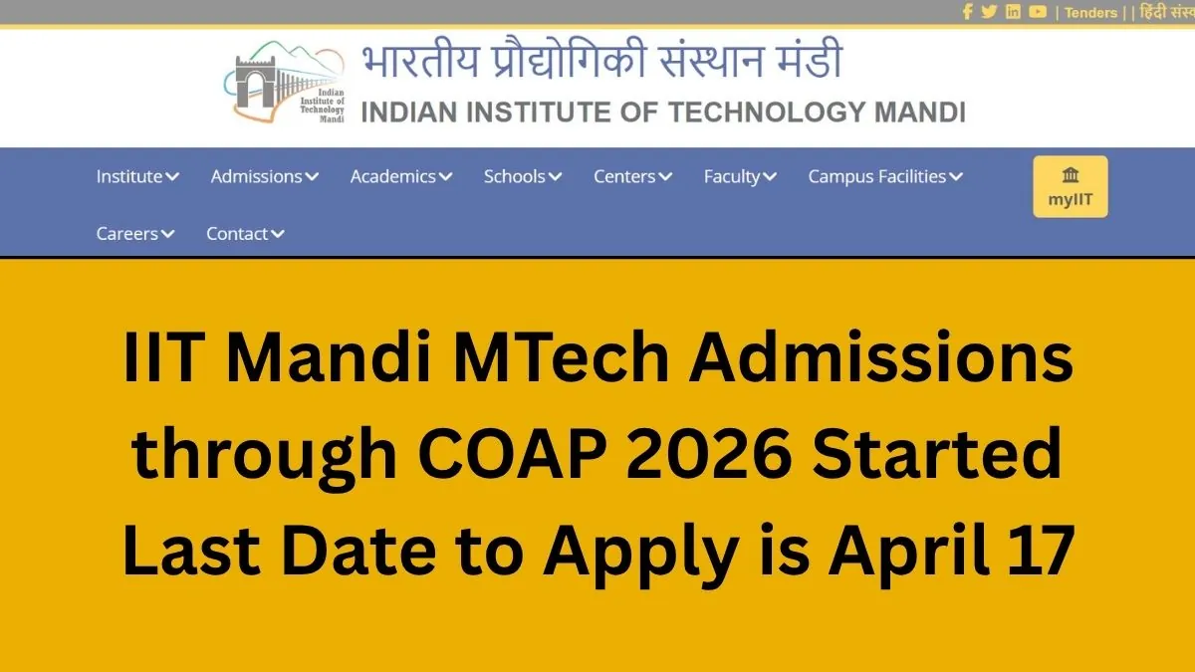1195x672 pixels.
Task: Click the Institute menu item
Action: coord(137,177)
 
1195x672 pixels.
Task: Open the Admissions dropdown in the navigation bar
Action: coord(264,177)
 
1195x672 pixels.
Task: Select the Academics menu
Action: coord(400,177)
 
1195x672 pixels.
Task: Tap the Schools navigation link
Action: coord(523,177)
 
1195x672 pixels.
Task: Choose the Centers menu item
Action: coord(632,177)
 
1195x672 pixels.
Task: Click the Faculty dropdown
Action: coord(740,177)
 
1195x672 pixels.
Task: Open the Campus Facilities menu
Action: coord(885,177)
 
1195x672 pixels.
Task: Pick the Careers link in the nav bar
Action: coord(135,234)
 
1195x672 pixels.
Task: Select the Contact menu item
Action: coord(245,234)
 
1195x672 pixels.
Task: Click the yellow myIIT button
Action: coord(1071,186)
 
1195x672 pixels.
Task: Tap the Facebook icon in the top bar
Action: coord(967,12)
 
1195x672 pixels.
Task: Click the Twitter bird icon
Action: coord(989,12)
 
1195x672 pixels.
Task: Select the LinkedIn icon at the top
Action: coord(1013,12)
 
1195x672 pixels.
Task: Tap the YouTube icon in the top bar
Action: coord(1038,12)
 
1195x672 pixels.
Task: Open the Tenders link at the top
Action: coord(1090,13)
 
